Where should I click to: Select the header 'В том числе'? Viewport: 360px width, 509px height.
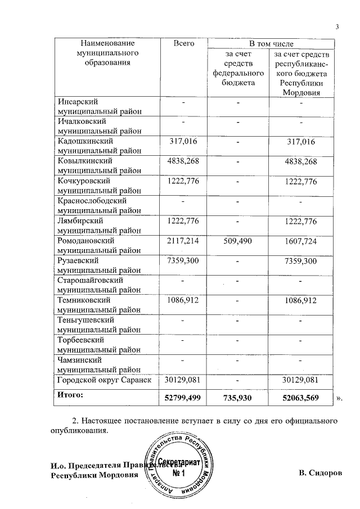click(x=271, y=43)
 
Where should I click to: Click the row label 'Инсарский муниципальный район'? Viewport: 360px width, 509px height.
click(x=99, y=107)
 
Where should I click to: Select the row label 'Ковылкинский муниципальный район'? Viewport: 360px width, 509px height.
click(x=99, y=166)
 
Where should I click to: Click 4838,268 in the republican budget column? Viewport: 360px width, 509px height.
click(x=301, y=161)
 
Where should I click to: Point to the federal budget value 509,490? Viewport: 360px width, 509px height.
click(x=238, y=241)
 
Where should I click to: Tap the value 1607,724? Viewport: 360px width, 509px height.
click(x=301, y=241)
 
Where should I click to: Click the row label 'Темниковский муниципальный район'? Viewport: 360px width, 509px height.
click(x=99, y=305)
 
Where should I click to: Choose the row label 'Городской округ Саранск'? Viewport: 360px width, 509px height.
click(x=105, y=380)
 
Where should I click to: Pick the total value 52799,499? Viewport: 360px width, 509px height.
click(x=183, y=398)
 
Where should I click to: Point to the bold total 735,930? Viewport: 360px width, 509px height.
click(x=238, y=398)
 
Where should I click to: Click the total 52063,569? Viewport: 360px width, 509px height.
click(x=301, y=398)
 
